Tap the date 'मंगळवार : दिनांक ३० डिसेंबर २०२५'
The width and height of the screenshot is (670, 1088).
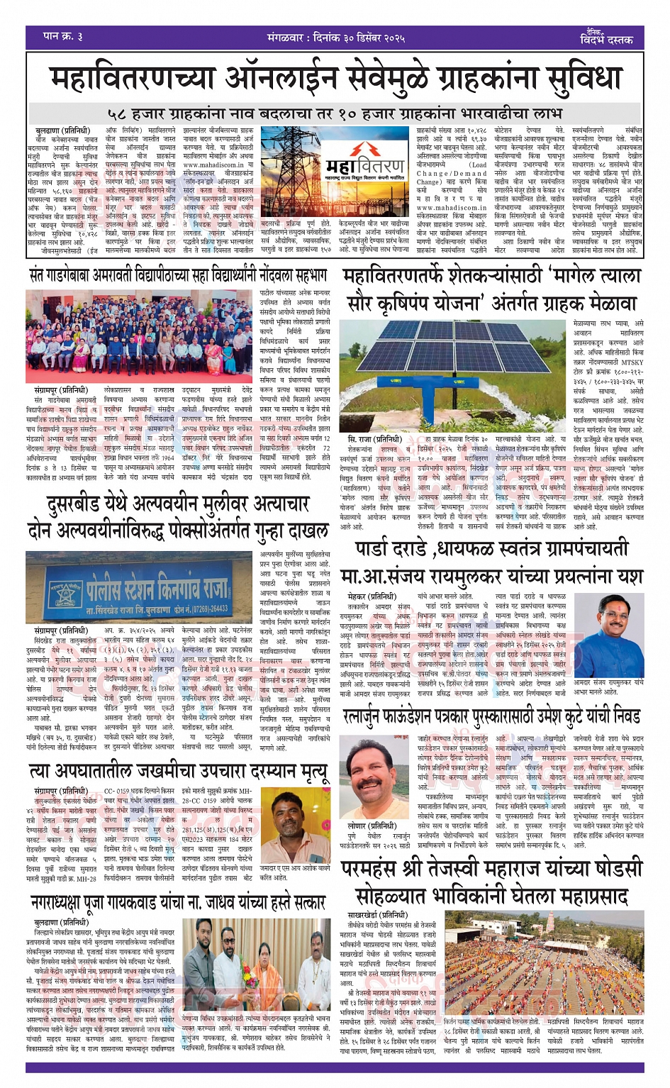[x=336, y=37]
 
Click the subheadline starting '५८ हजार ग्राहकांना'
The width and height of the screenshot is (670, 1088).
[x=335, y=113]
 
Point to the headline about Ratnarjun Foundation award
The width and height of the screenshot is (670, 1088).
[x=491, y=718]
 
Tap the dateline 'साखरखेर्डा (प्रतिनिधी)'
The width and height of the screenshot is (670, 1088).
[x=377, y=915]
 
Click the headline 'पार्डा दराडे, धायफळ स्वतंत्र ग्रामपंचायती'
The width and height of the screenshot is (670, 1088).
[x=491, y=550]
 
